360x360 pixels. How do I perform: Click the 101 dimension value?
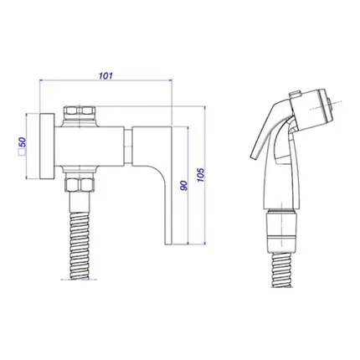[x=105, y=75]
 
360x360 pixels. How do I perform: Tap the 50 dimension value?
[x=23, y=142]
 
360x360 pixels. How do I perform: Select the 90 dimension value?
[x=183, y=186]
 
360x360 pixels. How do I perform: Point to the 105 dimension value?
[x=201, y=175]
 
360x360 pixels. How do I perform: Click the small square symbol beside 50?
[x=21, y=152]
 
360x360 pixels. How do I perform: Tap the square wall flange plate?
[x=47, y=147]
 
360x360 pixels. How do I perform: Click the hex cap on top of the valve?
[x=80, y=111]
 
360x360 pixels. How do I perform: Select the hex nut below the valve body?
[x=80, y=185]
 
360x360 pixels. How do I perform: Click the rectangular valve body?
[x=90, y=147]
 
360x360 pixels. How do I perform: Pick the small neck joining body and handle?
[x=128, y=147]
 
